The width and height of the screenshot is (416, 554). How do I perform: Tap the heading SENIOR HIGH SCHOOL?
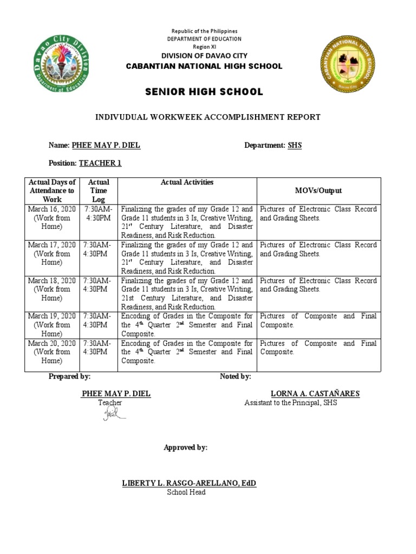click(204, 92)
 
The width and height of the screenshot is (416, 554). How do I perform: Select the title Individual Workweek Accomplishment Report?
click(208, 117)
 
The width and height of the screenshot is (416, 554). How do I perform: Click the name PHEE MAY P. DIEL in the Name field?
click(102, 146)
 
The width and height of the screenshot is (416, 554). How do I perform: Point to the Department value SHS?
click(295, 146)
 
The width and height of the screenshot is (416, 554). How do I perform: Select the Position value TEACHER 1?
click(100, 163)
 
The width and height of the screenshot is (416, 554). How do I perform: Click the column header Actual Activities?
click(187, 182)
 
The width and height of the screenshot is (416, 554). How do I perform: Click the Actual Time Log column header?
click(99, 190)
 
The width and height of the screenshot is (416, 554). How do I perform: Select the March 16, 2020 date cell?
click(52, 218)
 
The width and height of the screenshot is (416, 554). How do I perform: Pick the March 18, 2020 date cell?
click(52, 289)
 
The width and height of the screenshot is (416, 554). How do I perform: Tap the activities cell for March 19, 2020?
click(187, 325)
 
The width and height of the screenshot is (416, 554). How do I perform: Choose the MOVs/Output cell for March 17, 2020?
click(318, 249)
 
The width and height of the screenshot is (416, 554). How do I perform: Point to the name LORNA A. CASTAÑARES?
click(315, 393)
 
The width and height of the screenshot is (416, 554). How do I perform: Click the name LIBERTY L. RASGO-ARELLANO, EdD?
click(189, 483)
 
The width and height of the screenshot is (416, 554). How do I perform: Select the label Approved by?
click(185, 447)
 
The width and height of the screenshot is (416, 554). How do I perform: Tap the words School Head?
click(186, 492)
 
